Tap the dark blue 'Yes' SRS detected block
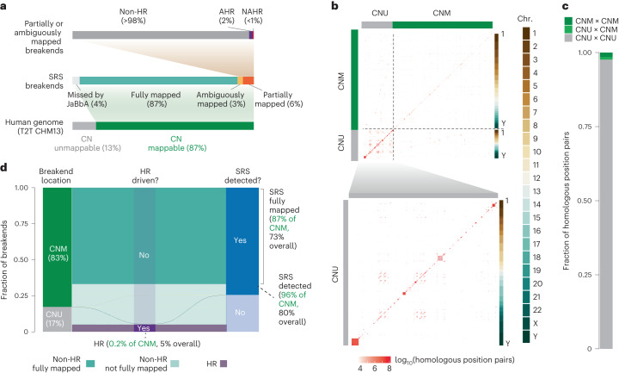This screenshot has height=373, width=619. coord(240,242)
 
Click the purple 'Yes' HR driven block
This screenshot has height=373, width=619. coord(144,328)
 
